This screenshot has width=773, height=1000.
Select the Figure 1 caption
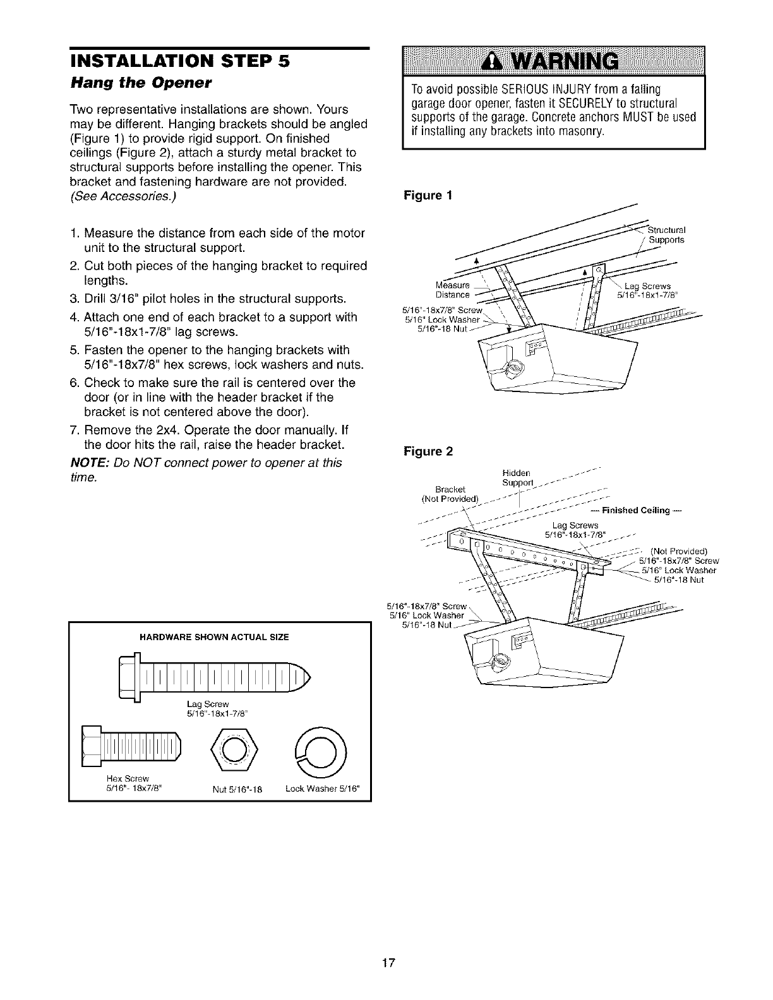click(428, 195)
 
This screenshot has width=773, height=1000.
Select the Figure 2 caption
click(428, 451)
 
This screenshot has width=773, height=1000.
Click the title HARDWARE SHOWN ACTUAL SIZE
click(213, 637)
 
